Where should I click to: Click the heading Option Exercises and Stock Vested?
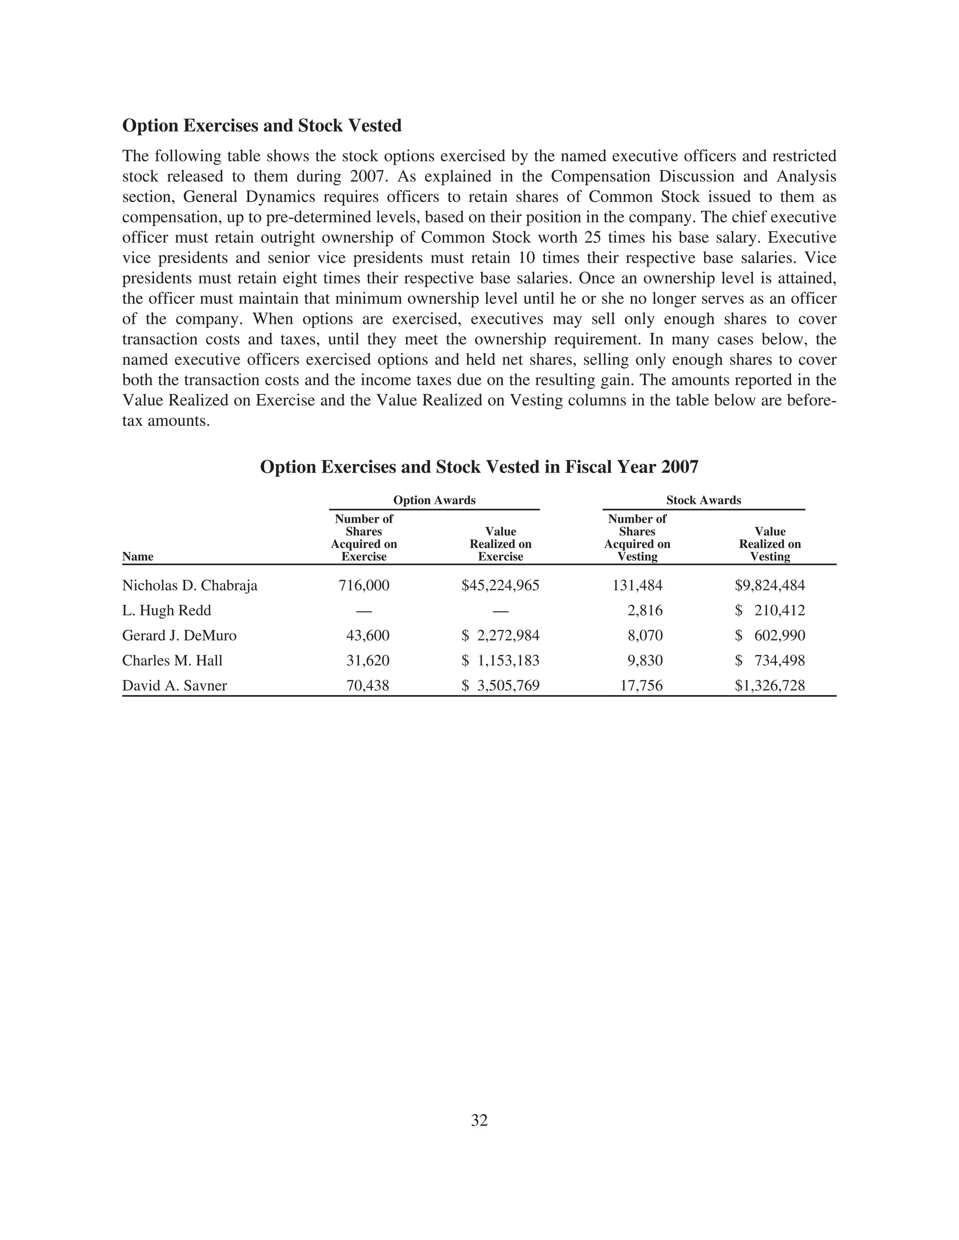[262, 125]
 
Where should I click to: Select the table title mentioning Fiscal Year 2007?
[479, 467]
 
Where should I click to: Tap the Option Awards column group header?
[434, 500]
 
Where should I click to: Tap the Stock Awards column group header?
[703, 500]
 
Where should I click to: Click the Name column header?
[138, 556]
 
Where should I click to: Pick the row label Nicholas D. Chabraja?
[190, 585]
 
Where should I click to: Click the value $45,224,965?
[500, 585]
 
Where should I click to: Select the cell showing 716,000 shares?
[364, 585]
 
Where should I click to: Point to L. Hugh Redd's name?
[166, 610]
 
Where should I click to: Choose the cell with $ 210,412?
[770, 610]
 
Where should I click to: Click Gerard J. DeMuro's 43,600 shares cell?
[368, 635]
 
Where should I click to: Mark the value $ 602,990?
[770, 635]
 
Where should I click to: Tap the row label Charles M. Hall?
[172, 660]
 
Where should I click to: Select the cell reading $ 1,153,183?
[500, 660]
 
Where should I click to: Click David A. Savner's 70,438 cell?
[368, 686]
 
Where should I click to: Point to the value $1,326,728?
[770, 686]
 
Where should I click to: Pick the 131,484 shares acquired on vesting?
[637, 585]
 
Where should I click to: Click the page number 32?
[479, 1120]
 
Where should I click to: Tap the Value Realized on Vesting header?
[770, 544]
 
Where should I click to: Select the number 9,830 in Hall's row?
[645, 660]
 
